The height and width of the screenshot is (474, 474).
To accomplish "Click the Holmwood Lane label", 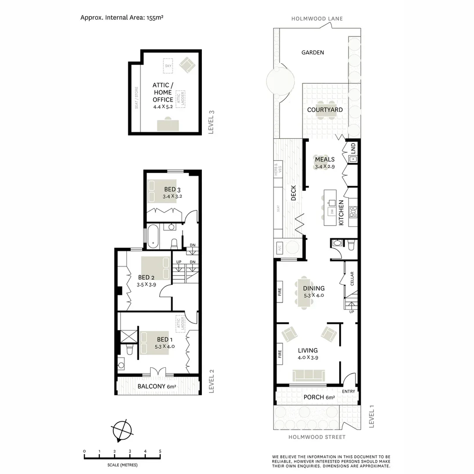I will click(x=317, y=19).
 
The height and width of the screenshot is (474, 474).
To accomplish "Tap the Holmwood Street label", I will click(x=317, y=437).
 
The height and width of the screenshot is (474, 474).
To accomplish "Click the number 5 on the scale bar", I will click(x=160, y=452).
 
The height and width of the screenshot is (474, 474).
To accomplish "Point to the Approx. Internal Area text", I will click(x=122, y=18).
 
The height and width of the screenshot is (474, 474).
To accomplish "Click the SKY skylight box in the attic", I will click(x=168, y=66).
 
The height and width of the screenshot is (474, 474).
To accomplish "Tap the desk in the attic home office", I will click(x=168, y=126).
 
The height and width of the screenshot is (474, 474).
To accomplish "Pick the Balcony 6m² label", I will click(x=157, y=387).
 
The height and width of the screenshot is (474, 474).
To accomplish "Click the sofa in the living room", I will click(x=308, y=375).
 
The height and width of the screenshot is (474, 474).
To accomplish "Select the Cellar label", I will click(x=352, y=279).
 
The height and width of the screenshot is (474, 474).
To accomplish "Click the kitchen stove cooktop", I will click(x=352, y=213).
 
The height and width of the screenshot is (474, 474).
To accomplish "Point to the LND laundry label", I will click(x=353, y=148).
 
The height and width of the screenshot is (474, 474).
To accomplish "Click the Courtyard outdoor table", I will click(x=325, y=110).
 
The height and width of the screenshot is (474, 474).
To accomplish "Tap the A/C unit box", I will click(x=279, y=248).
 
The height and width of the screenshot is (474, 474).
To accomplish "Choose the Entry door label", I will click(x=348, y=391).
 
